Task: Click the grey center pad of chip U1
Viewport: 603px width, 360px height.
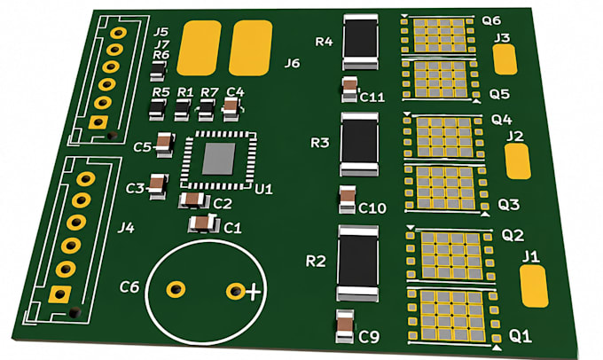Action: click(x=218, y=159)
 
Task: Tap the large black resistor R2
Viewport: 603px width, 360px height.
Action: click(x=357, y=263)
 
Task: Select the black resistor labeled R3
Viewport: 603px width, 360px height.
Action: click(x=359, y=145)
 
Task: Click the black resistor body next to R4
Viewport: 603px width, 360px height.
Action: click(x=360, y=42)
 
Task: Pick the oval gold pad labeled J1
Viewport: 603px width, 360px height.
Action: click(x=534, y=286)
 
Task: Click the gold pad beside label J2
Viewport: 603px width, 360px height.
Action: click(x=518, y=161)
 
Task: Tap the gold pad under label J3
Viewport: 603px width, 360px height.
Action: click(x=505, y=59)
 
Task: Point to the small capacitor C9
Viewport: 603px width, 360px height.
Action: click(x=345, y=326)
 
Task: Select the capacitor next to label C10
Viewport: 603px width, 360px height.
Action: click(x=348, y=200)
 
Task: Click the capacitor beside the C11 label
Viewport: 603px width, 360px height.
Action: click(x=350, y=90)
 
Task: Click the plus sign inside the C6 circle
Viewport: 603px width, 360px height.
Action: click(x=253, y=292)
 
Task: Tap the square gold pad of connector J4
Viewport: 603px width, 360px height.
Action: click(x=59, y=294)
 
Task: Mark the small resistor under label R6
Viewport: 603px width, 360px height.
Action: click(x=158, y=72)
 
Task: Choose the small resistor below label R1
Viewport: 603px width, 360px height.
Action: click(x=183, y=110)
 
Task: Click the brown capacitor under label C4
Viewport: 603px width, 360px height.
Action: click(x=231, y=109)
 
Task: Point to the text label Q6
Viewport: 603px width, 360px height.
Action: click(x=490, y=20)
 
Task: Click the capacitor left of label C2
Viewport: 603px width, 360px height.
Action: click(x=193, y=200)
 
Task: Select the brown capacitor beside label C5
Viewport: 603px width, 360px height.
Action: click(x=165, y=145)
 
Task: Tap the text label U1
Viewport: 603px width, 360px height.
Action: click(x=263, y=189)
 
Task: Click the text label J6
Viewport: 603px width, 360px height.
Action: click(x=292, y=63)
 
